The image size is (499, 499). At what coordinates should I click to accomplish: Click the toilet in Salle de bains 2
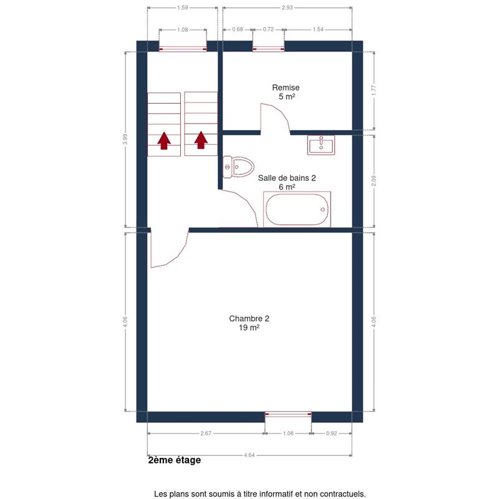[x=238, y=167]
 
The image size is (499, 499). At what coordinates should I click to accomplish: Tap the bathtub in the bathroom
[x=297, y=210]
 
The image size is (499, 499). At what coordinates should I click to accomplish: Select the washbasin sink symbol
[x=321, y=145]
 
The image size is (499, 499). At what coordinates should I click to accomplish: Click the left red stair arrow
[x=164, y=141]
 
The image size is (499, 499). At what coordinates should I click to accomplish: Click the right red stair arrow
[x=201, y=140]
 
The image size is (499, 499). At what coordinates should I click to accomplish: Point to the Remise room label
[x=286, y=87]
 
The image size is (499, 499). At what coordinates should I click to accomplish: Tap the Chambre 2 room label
[x=249, y=319]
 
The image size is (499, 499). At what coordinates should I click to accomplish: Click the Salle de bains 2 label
[x=287, y=178]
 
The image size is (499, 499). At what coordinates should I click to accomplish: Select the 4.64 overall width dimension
[x=249, y=455]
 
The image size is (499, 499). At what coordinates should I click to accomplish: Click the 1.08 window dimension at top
[x=182, y=29]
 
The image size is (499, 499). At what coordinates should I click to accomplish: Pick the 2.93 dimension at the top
[x=287, y=7]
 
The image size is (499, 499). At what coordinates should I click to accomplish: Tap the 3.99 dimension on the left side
[x=125, y=139]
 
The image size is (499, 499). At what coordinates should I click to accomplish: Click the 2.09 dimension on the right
[x=374, y=181]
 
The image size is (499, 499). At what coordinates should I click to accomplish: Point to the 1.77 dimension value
[x=374, y=90]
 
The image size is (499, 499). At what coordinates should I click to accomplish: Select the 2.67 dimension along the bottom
[x=206, y=433]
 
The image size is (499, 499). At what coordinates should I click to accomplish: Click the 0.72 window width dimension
[x=268, y=29]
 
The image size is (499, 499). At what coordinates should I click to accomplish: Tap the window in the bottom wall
[x=288, y=414]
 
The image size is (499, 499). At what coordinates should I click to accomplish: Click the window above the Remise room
[x=269, y=49]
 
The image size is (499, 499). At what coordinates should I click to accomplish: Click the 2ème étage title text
[x=175, y=460]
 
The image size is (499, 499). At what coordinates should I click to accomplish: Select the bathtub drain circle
[x=322, y=210]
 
